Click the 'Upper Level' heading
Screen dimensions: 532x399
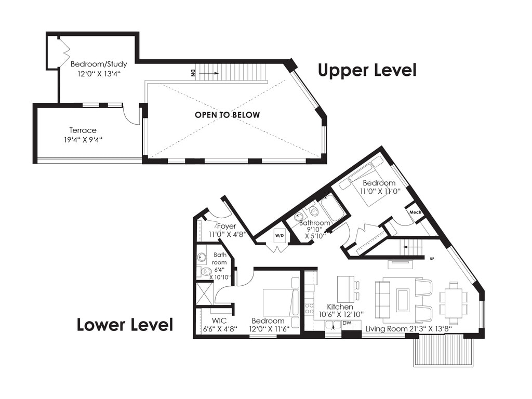click(x=367, y=70)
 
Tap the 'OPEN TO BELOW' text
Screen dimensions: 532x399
click(x=228, y=115)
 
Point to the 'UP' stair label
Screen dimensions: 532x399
click(x=432, y=259)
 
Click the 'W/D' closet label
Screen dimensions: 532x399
click(x=280, y=235)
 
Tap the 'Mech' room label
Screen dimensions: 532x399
click(x=415, y=212)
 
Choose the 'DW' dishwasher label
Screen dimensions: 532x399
click(x=347, y=323)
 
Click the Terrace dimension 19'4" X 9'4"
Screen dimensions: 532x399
click(x=83, y=139)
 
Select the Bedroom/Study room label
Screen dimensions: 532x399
click(x=99, y=64)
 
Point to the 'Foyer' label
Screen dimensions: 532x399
click(x=227, y=226)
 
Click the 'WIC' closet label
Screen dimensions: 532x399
click(x=219, y=321)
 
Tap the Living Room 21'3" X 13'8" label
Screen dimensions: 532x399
click(x=408, y=329)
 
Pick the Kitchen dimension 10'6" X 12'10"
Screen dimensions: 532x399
click(x=341, y=314)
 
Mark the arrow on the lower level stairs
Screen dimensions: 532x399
click(x=409, y=247)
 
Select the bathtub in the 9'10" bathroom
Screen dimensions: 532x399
click(x=332, y=208)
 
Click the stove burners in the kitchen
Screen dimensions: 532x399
click(x=309, y=309)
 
